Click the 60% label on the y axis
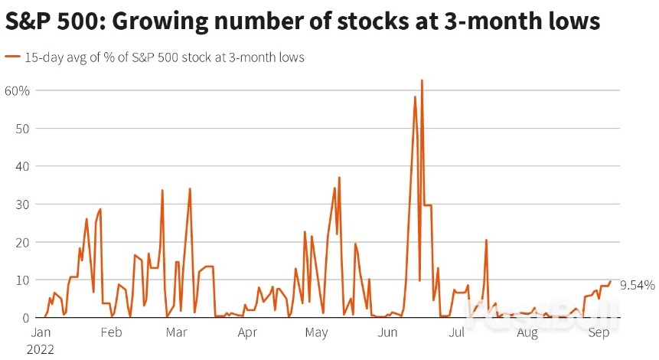17,90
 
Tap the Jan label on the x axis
41,333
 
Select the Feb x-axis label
111,333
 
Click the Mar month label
177,333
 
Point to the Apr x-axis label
247,333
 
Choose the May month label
317,333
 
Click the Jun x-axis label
387,333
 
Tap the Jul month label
457,333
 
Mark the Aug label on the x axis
527,333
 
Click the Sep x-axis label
598,333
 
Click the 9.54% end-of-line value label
637,285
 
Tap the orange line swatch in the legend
13,57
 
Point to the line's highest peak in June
422,80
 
